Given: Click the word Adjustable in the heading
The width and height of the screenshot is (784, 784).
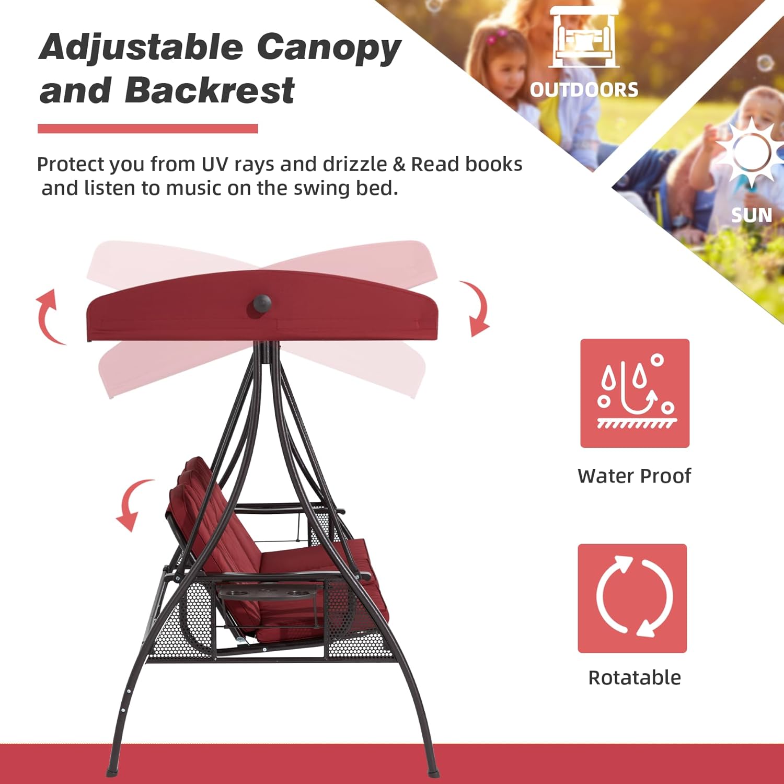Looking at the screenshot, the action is coord(142,48).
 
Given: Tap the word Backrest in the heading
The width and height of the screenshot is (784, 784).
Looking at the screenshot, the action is coord(210,90).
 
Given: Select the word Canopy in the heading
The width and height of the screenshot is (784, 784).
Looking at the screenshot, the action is coord(329,48).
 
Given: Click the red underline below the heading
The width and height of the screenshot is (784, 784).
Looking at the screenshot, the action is coord(148,129).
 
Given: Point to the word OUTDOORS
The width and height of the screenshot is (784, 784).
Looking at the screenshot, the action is coord(584,90).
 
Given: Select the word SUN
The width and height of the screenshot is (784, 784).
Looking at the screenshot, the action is coord(752,215).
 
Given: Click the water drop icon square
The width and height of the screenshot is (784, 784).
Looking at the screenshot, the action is coord(635,393).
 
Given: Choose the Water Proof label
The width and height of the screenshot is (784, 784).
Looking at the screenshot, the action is coord(635,476).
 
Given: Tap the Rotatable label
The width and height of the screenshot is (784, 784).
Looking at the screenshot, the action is coord(635,678).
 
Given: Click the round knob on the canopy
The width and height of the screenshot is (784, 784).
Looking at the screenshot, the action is coord(262,305).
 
